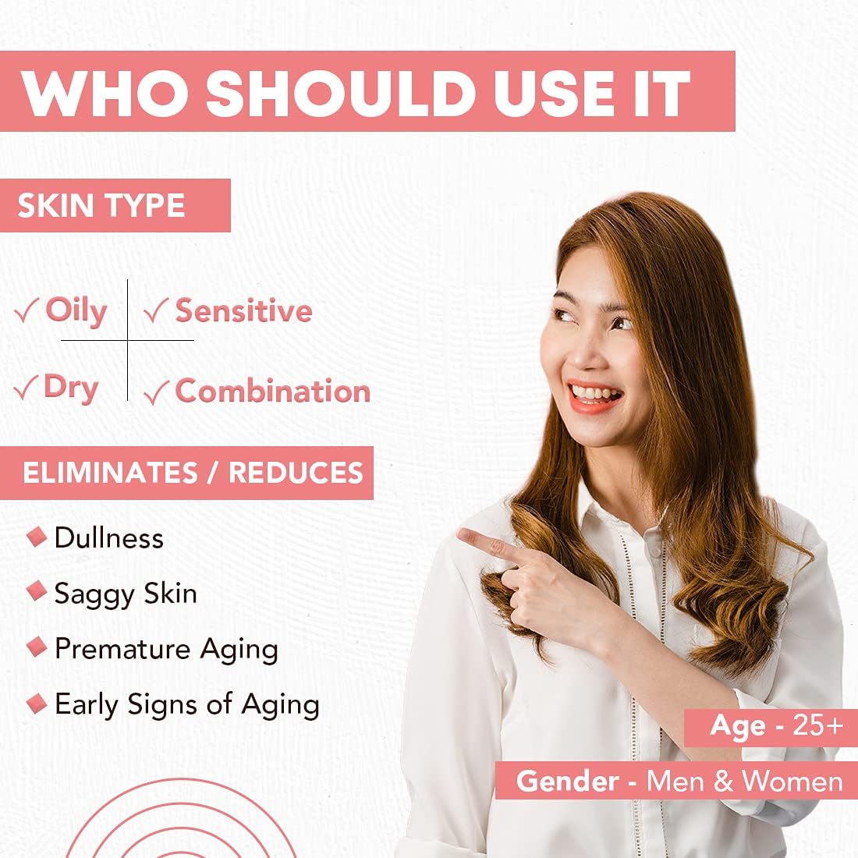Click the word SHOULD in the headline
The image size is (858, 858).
point(341,93)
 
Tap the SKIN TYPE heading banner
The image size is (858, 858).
point(115,205)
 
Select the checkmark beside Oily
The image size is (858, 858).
point(27,310)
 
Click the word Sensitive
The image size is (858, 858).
point(243,310)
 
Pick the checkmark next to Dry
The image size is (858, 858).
point(26,387)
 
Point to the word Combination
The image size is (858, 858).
point(272,391)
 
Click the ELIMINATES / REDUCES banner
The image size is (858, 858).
point(186,473)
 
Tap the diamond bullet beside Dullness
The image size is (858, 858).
point(37,537)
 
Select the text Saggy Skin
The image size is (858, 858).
point(126,594)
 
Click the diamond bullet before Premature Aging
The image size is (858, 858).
point(37,647)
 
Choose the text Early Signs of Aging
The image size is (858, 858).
point(187,705)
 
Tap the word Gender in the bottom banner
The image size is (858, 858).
point(567,781)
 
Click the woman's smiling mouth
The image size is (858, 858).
point(594,396)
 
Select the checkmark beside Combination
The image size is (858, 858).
point(156,392)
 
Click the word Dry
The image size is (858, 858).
point(71,388)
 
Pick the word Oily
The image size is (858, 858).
point(76,310)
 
